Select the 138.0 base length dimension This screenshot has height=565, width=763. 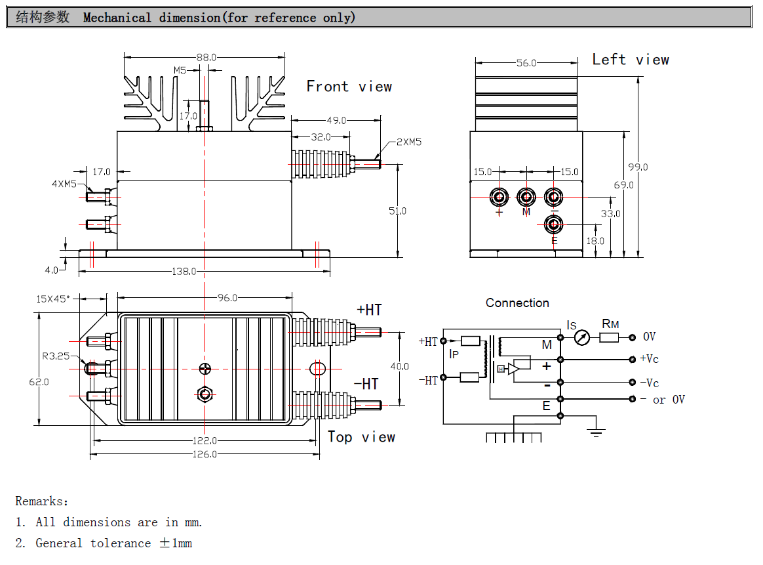coord(184,271)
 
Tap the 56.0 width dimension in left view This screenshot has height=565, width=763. coord(526,63)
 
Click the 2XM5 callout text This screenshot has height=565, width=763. coord(409,142)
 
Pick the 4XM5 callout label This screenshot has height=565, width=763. coord(64,184)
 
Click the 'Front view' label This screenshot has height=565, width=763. coord(349,87)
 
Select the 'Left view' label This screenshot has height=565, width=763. coord(631,60)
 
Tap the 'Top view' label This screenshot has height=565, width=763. coord(361,437)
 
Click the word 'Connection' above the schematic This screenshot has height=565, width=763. coord(517,303)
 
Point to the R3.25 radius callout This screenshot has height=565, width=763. coord(56,356)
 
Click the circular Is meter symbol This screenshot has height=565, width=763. coord(581,337)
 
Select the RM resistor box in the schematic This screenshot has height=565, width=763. coord(609,337)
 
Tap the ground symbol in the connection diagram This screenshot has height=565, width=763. coord(596,431)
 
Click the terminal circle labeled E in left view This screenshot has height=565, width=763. coord(554,224)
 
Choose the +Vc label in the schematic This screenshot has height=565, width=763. coord(649,359)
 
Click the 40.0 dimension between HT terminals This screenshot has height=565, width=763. coord(399,366)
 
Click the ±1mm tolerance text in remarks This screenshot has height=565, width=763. coord(176,543)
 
